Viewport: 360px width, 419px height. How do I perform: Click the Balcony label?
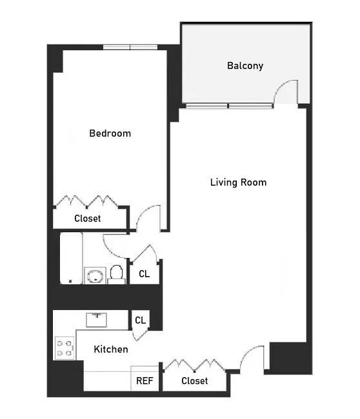tap(245, 66)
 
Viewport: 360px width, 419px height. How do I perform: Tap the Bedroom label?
tap(110, 133)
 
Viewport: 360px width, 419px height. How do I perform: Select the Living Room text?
tap(238, 182)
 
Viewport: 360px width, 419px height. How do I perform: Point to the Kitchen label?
tap(111, 349)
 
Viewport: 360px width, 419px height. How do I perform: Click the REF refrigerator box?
tap(145, 380)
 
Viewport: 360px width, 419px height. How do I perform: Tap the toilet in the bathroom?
tap(116, 275)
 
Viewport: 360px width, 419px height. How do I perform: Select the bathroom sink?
tap(94, 276)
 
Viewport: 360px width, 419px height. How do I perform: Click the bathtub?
tap(71, 258)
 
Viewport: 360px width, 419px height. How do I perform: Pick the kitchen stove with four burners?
tap(64, 348)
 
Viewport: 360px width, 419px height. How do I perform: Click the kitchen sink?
tap(99, 320)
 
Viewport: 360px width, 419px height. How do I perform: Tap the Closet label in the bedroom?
tap(88, 219)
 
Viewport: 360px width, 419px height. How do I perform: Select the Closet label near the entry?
tap(194, 381)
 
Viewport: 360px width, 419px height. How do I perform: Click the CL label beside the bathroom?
tap(144, 274)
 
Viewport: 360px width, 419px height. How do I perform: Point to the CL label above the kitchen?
tap(140, 320)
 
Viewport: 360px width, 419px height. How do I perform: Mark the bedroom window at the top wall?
tap(131, 47)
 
